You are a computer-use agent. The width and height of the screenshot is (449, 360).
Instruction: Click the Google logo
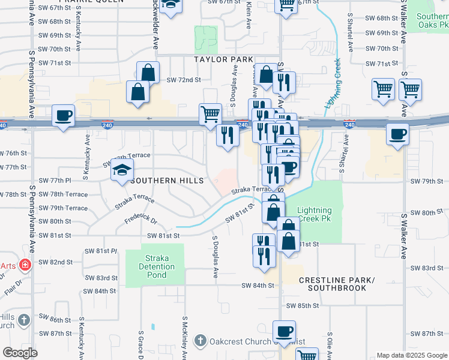pyautogui.click(x=20, y=353)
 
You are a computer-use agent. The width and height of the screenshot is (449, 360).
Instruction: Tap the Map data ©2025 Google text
pyautogui.click(x=411, y=355)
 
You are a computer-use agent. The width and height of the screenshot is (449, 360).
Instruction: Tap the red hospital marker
pyautogui.click(x=25, y=265)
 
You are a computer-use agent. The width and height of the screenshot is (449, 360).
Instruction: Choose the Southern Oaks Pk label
pyautogui.click(x=433, y=21)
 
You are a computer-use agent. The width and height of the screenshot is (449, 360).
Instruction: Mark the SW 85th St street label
pyautogui.click(x=303, y=305)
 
